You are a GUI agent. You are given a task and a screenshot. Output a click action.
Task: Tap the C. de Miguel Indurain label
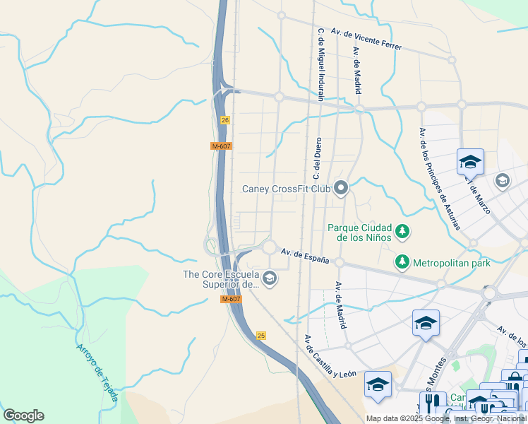click(321, 64)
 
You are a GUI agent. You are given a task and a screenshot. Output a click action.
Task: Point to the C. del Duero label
click(317, 158)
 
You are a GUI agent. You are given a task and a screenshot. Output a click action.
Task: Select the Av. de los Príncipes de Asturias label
click(439, 179)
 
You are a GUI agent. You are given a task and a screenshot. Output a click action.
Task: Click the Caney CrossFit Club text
click(286, 189)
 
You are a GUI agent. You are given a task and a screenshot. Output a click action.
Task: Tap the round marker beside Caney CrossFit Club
click(342, 188)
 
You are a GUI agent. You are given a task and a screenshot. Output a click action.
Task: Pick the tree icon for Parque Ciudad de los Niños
click(402, 230)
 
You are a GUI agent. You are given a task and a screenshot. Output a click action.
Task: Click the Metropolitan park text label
click(451, 263)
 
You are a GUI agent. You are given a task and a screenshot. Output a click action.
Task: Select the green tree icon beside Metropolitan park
click(402, 262)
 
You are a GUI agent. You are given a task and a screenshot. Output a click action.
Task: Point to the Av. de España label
click(306, 256)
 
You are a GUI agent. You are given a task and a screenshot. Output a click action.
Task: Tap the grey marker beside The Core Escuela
click(269, 279)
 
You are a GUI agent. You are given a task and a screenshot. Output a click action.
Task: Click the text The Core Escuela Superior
click(222, 279)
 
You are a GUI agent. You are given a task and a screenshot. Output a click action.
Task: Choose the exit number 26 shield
click(225, 121)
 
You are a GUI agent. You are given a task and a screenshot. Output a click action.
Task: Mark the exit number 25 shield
click(261, 336)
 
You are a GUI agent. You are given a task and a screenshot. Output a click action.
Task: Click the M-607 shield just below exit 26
click(221, 146)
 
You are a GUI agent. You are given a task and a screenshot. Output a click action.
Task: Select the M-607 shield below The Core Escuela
click(231, 300)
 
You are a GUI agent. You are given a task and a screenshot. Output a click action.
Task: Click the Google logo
click(23, 416)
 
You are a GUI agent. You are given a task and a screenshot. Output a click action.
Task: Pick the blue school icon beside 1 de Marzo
click(470, 163)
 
